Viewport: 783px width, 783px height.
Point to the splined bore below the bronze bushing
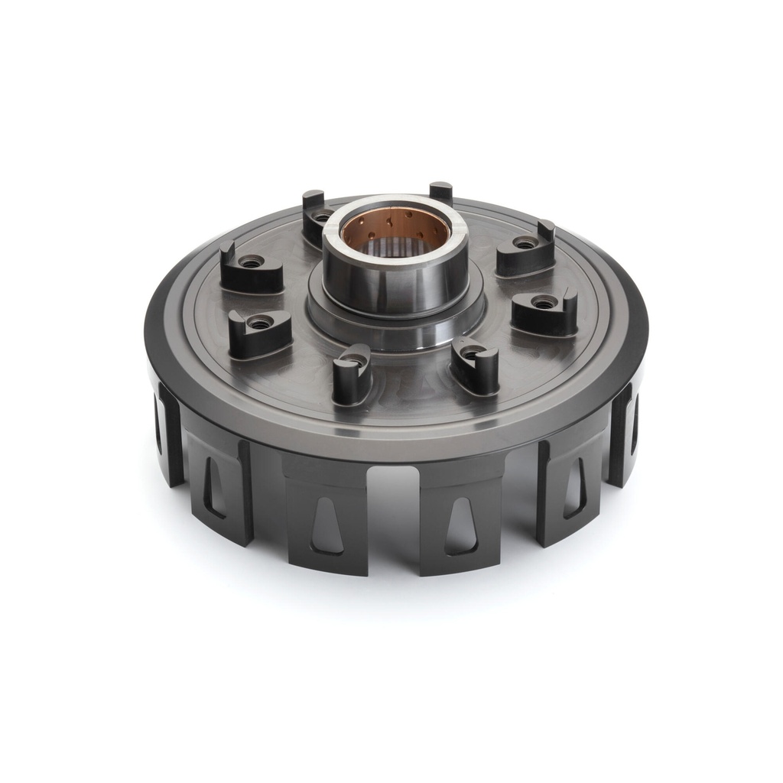tap(394, 245)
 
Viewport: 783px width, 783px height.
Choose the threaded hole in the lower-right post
tap(544, 303)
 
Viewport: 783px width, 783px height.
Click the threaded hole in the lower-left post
tap(261, 323)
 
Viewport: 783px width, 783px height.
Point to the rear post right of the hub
tap(440, 191)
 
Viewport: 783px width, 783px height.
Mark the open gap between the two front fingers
tap(393, 520)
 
